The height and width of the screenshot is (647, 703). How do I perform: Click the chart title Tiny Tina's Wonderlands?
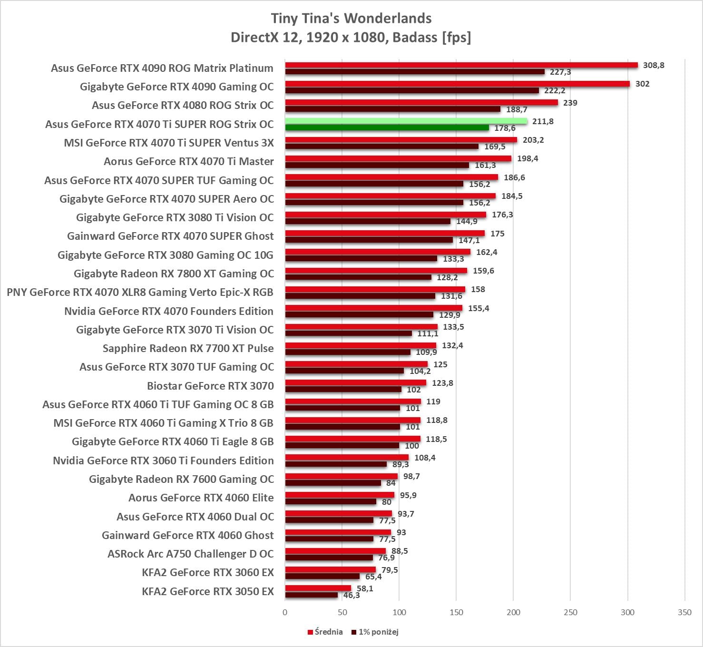pos(351,19)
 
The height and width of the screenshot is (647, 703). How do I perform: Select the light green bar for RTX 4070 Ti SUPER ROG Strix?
pos(406,121)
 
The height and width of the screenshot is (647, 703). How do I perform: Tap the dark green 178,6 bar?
pos(387,128)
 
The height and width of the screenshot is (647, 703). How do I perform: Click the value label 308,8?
pos(654,65)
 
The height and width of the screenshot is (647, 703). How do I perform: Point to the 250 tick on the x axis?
pos(570,612)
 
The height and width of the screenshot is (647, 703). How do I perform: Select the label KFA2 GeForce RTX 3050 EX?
pos(208,591)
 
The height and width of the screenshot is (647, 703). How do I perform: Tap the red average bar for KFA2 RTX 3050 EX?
pos(318,588)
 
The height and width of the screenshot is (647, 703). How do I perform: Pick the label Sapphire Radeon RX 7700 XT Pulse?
pos(188,348)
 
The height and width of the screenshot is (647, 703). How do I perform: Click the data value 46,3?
pos(351,595)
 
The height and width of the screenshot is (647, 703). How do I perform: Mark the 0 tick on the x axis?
pos(285,612)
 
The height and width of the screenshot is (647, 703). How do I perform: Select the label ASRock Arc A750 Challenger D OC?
pos(190,554)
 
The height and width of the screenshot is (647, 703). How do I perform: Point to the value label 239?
pos(570,103)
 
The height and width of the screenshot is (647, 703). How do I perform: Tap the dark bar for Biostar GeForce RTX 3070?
pos(343,390)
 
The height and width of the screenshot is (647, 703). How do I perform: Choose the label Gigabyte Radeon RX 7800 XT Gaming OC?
pos(174,274)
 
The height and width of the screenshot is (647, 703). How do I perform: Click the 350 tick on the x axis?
pos(684,612)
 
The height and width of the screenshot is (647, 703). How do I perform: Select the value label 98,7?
pos(411,476)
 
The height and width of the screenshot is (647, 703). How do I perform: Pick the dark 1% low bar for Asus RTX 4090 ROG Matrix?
pos(415,72)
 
